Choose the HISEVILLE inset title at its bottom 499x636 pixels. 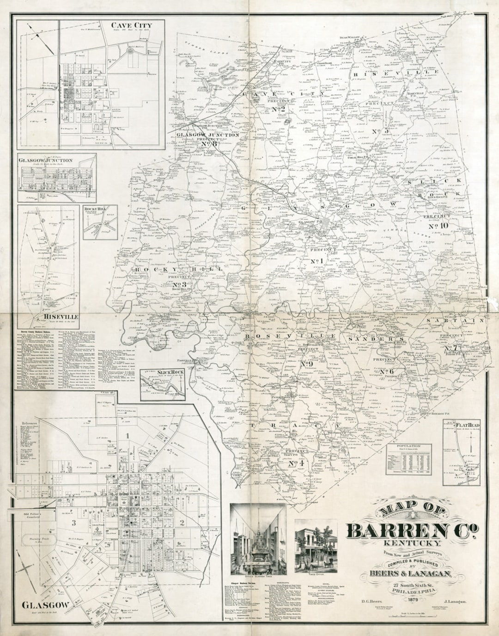[61, 316]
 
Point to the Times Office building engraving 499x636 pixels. [316, 546]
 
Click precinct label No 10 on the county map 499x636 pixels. [438, 226]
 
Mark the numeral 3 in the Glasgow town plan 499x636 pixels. [73, 523]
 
